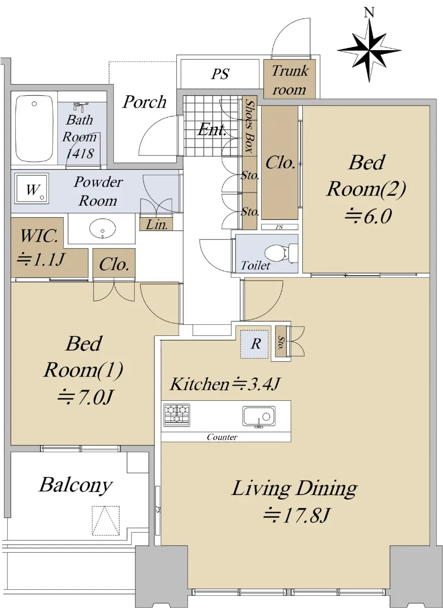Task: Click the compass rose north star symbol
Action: coord(369,51)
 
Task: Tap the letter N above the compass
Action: coord(369,13)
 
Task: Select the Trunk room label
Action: coord(290,80)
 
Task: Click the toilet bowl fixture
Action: coord(280,253)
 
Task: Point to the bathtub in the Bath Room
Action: coord(34,128)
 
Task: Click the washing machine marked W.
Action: coord(32,189)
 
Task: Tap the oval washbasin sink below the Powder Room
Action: coord(103,229)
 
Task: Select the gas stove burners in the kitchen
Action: coord(177,415)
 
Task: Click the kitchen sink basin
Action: coord(259,416)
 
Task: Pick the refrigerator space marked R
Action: coord(256,344)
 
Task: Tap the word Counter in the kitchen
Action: coord(222,437)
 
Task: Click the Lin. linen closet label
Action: coord(156,225)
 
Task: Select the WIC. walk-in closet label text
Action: coord(39,236)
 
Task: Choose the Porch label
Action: coord(144,102)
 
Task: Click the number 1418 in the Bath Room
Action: coord(80,154)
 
